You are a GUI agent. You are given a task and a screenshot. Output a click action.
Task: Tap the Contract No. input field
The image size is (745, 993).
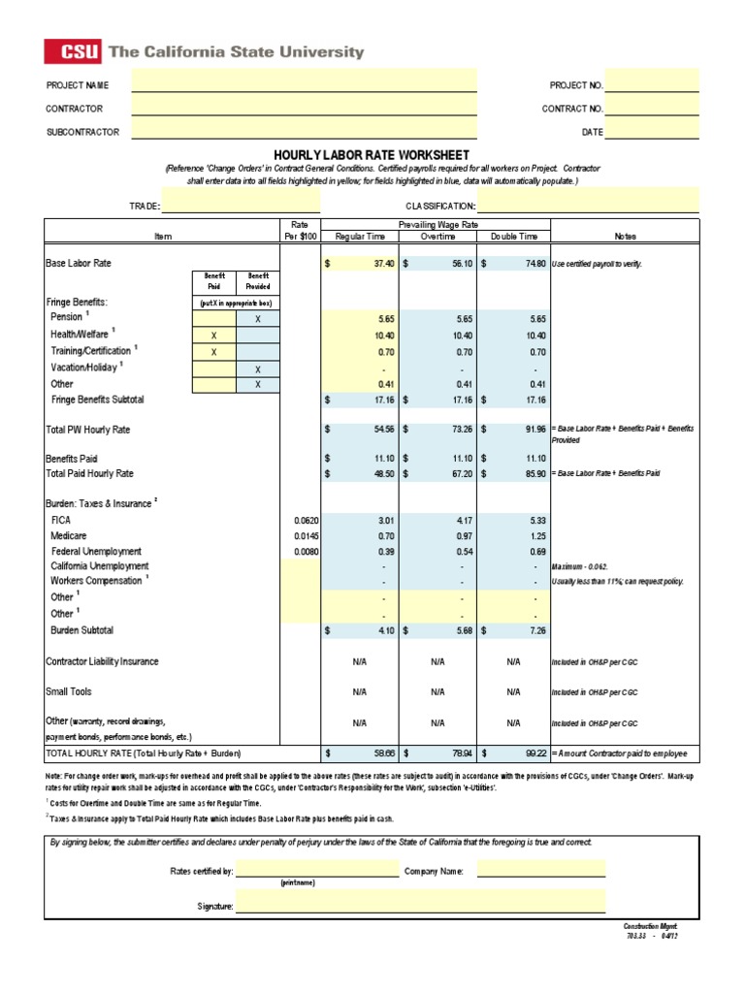point(652,109)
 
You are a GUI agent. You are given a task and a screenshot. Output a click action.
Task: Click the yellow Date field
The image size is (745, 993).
point(652,131)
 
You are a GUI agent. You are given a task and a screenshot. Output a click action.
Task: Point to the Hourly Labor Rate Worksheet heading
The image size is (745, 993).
point(372,155)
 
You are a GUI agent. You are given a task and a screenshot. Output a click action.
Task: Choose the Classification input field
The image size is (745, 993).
point(588,205)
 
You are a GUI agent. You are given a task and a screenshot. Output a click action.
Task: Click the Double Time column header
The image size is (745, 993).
point(514,236)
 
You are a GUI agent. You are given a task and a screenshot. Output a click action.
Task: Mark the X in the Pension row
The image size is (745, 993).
point(257,318)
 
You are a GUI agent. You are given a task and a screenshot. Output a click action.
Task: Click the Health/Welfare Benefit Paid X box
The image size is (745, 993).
point(213,335)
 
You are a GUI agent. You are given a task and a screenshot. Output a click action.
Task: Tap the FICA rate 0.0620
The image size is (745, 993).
point(304,521)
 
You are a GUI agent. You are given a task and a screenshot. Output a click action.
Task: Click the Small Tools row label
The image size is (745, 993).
point(68,692)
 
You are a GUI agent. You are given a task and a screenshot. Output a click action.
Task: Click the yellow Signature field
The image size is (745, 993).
point(420,906)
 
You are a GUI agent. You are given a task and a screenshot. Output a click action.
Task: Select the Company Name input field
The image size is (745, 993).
point(540,870)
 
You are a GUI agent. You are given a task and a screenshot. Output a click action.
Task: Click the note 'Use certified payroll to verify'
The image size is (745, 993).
point(597,264)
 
